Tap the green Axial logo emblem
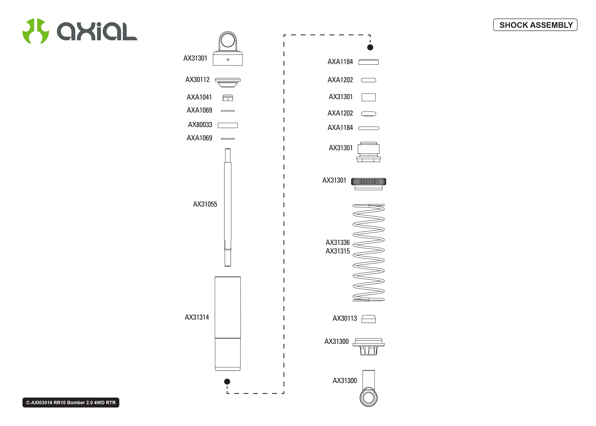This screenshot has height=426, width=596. click(35, 31)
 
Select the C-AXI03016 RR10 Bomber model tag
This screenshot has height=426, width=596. click(71, 402)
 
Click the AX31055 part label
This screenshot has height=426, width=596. click(205, 204)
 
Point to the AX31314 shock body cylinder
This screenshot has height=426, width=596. click(228, 323)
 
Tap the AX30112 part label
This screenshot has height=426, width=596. click(197, 79)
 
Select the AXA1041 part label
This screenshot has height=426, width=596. click(199, 97)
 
